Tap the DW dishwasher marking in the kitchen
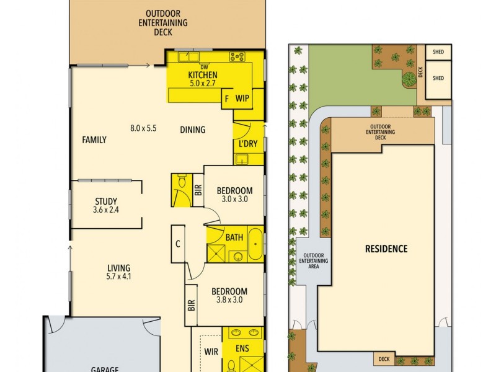pos(203,67)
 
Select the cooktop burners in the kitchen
pos(237,56)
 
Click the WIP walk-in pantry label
pos(242,98)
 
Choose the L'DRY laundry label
pos(247,144)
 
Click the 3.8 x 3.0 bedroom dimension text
pos(229,300)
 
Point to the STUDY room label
pos(106,201)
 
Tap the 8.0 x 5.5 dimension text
pos(143,128)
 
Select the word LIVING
pos(118,268)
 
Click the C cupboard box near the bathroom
pos(177,244)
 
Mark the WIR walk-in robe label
pos(211,351)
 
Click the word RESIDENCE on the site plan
pos(386,249)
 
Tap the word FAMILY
pos(94,140)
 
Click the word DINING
pos(193,130)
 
